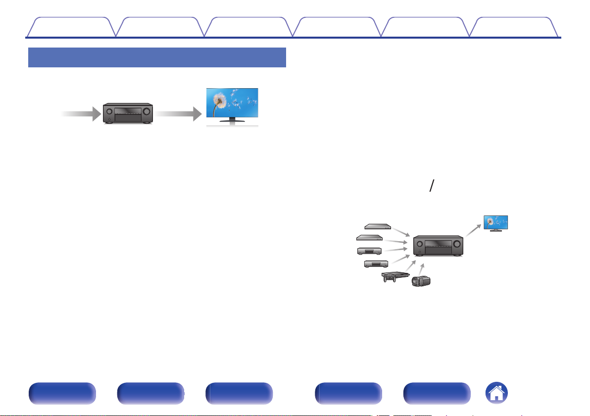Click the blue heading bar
[x=157, y=57]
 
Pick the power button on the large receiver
[x=108, y=119]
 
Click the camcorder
[x=421, y=281]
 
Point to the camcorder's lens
[x=415, y=282]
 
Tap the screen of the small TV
[x=495, y=221]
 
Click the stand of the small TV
[x=495, y=230]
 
